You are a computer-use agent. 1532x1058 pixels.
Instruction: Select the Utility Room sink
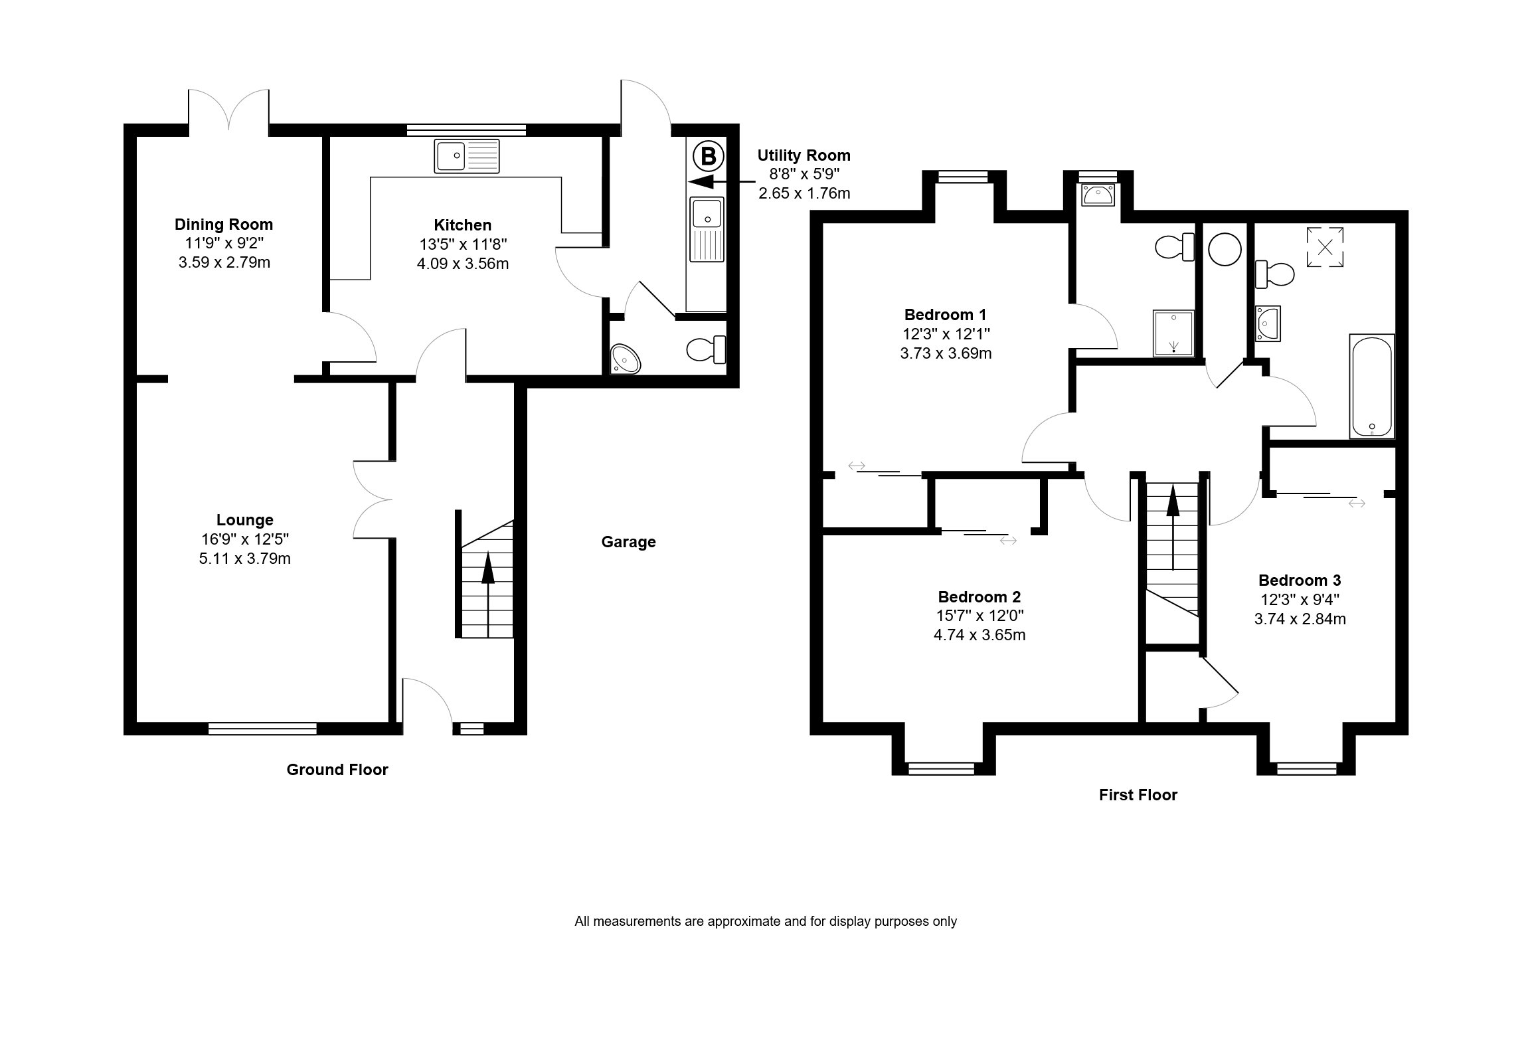pyautogui.click(x=707, y=229)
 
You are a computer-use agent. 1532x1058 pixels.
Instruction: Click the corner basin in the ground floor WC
pyautogui.click(x=626, y=359)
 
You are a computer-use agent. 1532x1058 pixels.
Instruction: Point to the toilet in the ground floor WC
pyautogui.click(x=706, y=349)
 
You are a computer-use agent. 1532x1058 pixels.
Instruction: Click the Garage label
pyautogui.click(x=628, y=542)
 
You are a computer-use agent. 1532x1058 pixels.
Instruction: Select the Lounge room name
pyautogui.click(x=244, y=520)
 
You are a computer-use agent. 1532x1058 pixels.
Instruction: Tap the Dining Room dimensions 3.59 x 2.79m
pyautogui.click(x=224, y=262)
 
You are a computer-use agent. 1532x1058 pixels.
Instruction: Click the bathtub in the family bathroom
pyautogui.click(x=1371, y=386)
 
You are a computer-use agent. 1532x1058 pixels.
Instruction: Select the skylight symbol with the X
pyautogui.click(x=1325, y=247)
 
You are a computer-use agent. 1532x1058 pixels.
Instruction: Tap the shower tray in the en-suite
pyautogui.click(x=1174, y=332)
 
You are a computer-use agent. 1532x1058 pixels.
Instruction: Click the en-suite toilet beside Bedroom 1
pyautogui.click(x=1174, y=247)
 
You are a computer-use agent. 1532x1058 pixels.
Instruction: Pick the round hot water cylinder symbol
pyautogui.click(x=1225, y=250)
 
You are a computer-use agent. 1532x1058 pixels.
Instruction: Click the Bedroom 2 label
pyautogui.click(x=979, y=596)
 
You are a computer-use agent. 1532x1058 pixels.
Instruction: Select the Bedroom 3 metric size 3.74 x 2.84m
pyautogui.click(x=1300, y=619)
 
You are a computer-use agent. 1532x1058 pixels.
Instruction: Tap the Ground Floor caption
pyautogui.click(x=337, y=770)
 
